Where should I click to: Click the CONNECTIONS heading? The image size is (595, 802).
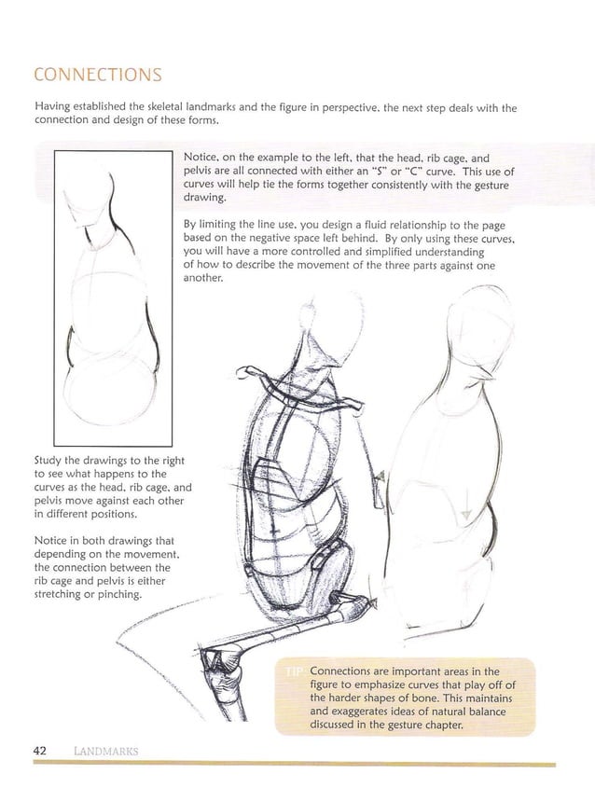tap(97, 75)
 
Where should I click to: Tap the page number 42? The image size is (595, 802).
tap(41, 751)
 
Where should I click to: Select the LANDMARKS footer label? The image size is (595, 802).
tap(104, 752)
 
